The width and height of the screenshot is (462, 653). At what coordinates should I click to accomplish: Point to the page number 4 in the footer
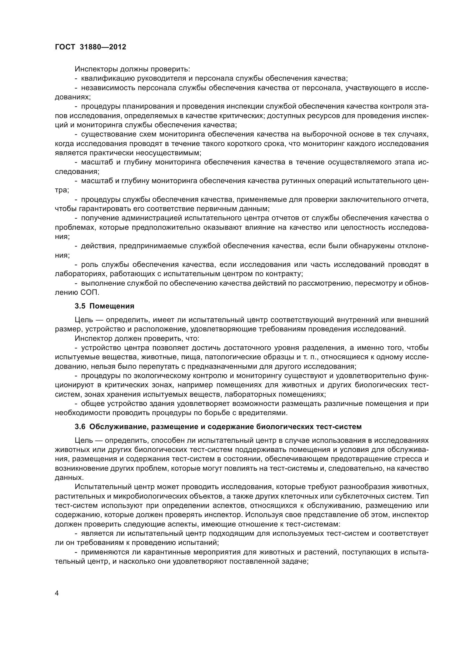point(57,593)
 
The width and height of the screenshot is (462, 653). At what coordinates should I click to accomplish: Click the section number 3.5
point(80,306)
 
